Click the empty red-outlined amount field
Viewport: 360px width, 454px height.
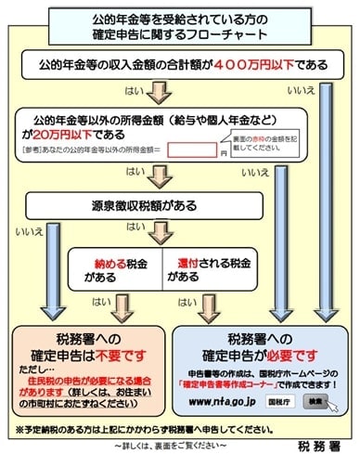click(191, 149)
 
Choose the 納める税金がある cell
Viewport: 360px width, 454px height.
click(122, 268)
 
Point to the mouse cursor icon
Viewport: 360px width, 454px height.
click(330, 409)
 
